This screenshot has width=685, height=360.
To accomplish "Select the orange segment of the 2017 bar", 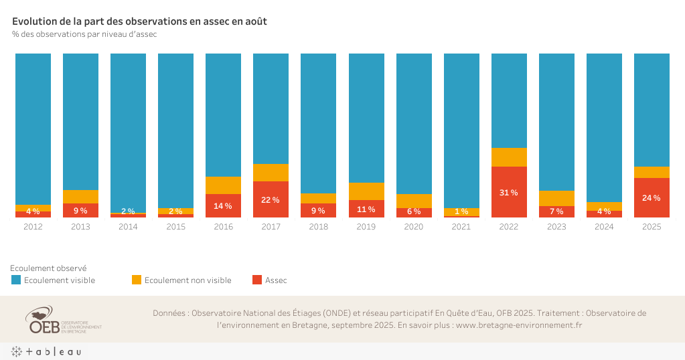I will tap(271, 173).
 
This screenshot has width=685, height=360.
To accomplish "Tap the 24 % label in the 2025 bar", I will tap(652, 197).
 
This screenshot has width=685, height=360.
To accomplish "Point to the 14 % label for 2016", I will tap(223, 206).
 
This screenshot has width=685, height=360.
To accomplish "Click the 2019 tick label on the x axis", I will tap(366, 227).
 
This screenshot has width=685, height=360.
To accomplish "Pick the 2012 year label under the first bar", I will tap(33, 227).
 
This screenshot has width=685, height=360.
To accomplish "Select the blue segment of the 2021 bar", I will tap(461, 130).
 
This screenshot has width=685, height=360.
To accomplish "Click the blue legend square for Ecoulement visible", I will tap(16, 280).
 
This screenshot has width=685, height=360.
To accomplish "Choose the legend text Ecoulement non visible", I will tap(187, 280).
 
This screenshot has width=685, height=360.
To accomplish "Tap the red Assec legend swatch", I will tap(257, 280).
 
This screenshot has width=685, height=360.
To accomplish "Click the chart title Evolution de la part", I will tap(139, 21).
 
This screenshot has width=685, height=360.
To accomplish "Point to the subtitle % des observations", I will tap(84, 34).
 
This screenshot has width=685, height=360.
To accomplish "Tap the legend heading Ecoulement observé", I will tap(48, 268).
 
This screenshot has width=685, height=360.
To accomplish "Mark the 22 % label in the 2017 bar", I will tap(271, 200).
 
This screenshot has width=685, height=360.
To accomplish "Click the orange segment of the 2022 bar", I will tap(509, 157).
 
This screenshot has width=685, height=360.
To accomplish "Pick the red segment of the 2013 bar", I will tap(80, 210).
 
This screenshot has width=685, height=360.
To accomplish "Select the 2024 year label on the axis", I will tap(604, 227).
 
